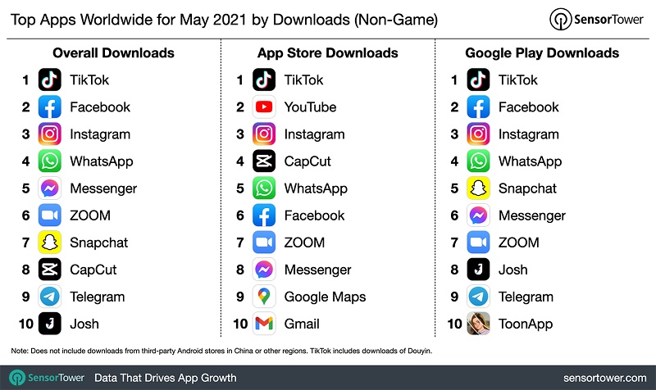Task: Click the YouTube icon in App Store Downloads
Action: tap(264, 107)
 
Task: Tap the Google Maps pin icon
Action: tap(264, 297)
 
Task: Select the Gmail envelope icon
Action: tap(264, 324)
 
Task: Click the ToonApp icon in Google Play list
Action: tap(478, 324)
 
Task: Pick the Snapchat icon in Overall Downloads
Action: tap(50, 243)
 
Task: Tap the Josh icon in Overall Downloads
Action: tap(50, 324)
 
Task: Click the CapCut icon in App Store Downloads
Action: tap(264, 161)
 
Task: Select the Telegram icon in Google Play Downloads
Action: tap(478, 297)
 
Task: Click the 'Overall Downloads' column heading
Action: tap(113, 53)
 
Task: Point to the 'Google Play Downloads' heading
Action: tap(541, 53)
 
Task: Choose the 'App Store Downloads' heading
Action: tap(327, 53)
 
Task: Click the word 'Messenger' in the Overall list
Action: tap(103, 188)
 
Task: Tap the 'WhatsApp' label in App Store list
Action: tap(316, 188)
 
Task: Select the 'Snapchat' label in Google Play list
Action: tap(527, 188)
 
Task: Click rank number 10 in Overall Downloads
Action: tap(25, 324)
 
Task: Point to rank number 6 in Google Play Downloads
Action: tap(454, 215)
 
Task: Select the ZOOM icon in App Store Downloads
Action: tap(264, 243)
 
